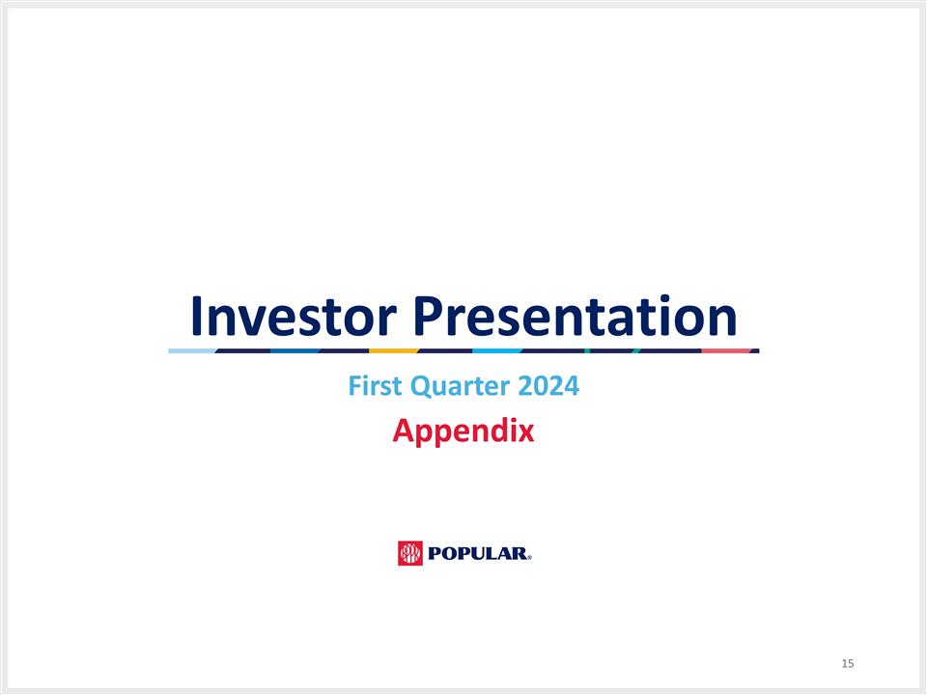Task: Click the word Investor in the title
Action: coord(294,316)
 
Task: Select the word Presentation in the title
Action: coord(575,316)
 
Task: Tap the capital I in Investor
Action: coord(198,316)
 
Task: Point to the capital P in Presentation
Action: coord(432,316)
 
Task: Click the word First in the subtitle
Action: coord(374,388)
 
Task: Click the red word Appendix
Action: coord(463,431)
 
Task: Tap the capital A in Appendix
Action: coord(403,430)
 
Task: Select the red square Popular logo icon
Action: coord(410,553)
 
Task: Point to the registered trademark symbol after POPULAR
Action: coord(530,557)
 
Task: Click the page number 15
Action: coord(848,663)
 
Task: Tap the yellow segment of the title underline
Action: coord(393,350)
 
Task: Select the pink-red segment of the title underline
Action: coord(726,350)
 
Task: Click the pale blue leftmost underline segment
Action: coord(191,350)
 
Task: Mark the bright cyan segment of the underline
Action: coord(496,350)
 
